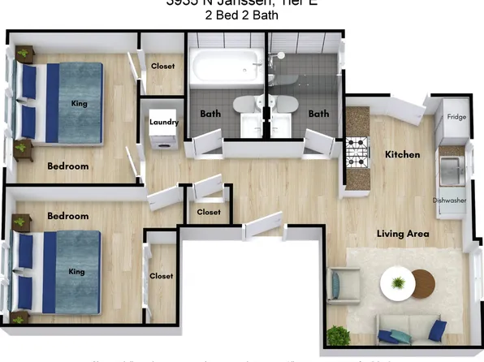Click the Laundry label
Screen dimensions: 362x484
point(163,122)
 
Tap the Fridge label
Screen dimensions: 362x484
point(456,117)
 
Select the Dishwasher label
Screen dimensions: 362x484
point(449,200)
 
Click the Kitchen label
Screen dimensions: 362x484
point(402,154)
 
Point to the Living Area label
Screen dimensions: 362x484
point(403,234)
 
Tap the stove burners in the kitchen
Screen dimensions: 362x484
point(358,150)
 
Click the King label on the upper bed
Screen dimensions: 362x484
point(80,104)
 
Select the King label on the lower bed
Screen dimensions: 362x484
point(76,271)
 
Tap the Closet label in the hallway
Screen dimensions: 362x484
point(209,212)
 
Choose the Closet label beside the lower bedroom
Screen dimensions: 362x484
point(161,276)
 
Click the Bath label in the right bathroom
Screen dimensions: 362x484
point(318,114)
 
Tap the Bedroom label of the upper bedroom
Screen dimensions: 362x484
point(68,166)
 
